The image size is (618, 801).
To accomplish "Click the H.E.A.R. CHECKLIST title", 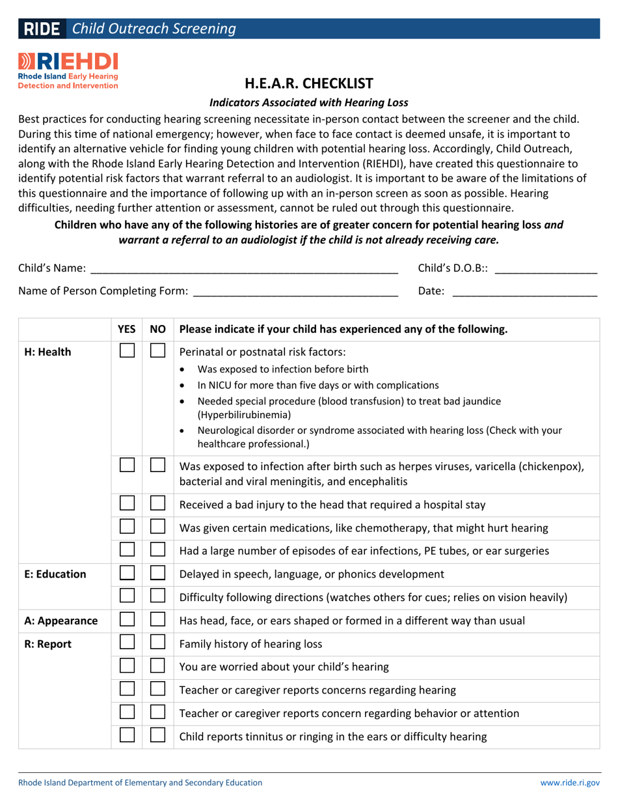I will (309, 83).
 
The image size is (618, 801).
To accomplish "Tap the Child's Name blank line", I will (243, 268).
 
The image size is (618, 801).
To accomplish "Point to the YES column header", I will (126, 330).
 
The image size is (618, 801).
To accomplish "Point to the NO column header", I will (157, 330).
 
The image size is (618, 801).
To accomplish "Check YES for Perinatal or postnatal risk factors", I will (127, 351).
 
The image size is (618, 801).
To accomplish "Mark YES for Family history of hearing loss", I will (127, 645).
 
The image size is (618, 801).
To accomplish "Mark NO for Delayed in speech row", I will (157, 574).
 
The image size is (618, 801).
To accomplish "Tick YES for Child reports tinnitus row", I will (127, 736).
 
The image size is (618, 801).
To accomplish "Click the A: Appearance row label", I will (60, 621).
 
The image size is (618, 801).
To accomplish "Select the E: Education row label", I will (55, 574).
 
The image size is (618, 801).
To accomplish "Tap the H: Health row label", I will (47, 352).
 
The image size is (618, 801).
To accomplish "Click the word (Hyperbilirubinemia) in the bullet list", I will (244, 415).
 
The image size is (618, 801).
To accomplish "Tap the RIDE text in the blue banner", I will (42, 29).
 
